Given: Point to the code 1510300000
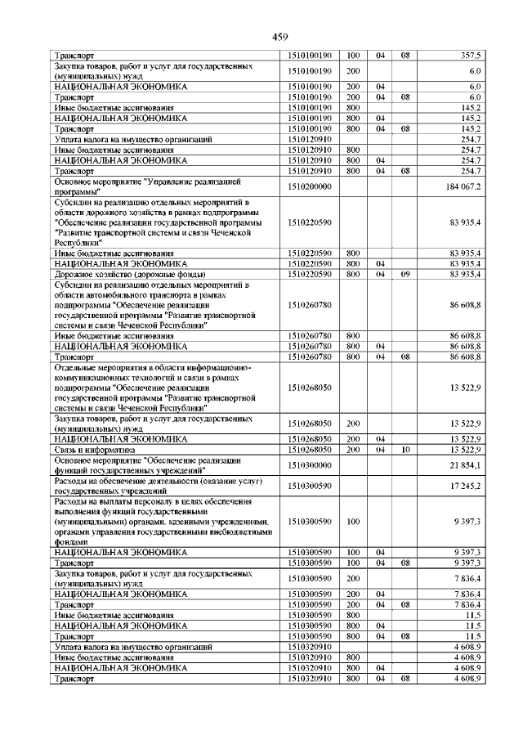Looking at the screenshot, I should pyautogui.click(x=311, y=465).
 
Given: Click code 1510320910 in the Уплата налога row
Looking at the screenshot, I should pyautogui.click(x=311, y=646).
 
